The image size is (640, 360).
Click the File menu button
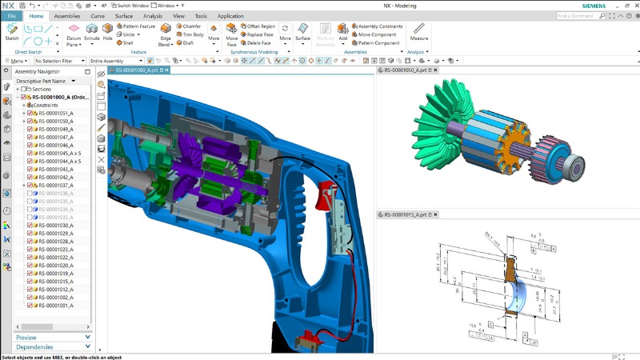(12, 16)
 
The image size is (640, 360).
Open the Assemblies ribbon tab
(66, 16)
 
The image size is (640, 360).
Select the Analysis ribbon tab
(152, 16)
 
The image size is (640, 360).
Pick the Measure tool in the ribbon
(418, 31)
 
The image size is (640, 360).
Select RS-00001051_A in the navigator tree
(55, 113)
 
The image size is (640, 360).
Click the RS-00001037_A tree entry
(55, 185)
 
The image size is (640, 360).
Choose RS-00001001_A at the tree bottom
(55, 305)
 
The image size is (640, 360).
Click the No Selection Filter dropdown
(60, 61)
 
